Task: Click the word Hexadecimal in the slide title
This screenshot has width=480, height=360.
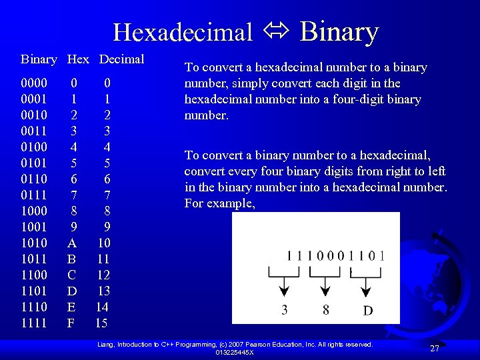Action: pos(183,32)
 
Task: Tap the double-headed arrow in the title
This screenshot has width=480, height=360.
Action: pos(276,32)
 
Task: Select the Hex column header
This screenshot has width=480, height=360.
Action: pos(78,59)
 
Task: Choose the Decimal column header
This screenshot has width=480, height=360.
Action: pos(121,59)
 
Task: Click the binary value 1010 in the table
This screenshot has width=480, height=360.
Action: pos(34,243)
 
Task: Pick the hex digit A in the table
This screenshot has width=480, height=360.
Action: pos(73,243)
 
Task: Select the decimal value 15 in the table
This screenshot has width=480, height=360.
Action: pos(101,323)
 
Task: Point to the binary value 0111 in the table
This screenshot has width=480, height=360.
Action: pos(34,195)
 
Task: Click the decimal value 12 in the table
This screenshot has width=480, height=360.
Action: pos(103,275)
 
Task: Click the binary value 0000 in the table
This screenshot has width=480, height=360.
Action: pos(34,83)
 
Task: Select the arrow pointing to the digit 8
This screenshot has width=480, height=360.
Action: pos(325,286)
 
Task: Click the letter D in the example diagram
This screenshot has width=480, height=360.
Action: pos(367,310)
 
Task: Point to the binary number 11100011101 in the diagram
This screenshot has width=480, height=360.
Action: pos(335,255)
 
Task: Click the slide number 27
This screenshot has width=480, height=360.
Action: pos(435,349)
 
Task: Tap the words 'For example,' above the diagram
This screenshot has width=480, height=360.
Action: pos(219,203)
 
